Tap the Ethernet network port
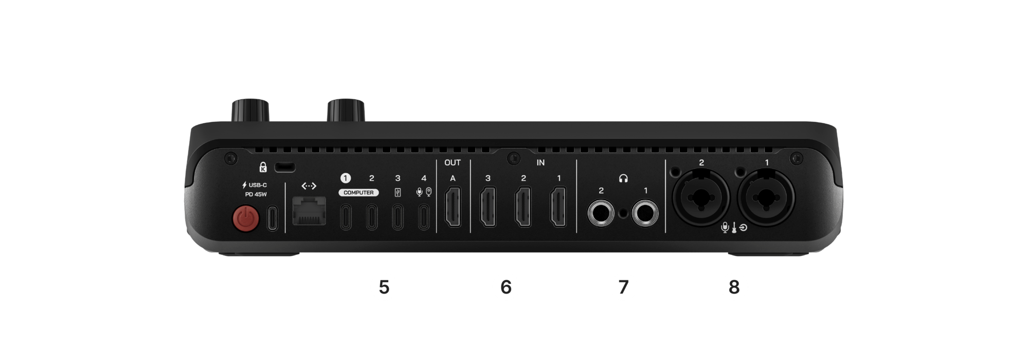click(x=309, y=211)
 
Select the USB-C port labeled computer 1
click(x=346, y=218)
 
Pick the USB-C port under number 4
click(x=423, y=218)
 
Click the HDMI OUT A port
click(x=453, y=208)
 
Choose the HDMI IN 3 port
click(x=488, y=208)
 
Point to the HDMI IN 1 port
click(x=558, y=208)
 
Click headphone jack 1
click(x=646, y=213)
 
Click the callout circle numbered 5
click(x=385, y=287)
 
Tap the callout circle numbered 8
click(x=734, y=287)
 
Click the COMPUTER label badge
click(x=358, y=193)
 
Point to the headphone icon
click(x=624, y=178)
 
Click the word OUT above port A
click(x=453, y=163)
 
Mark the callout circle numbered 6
click(x=506, y=287)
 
